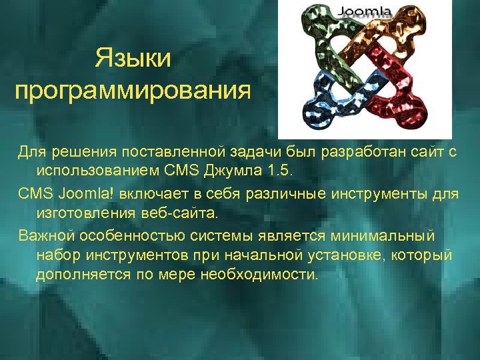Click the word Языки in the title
[133, 58]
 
